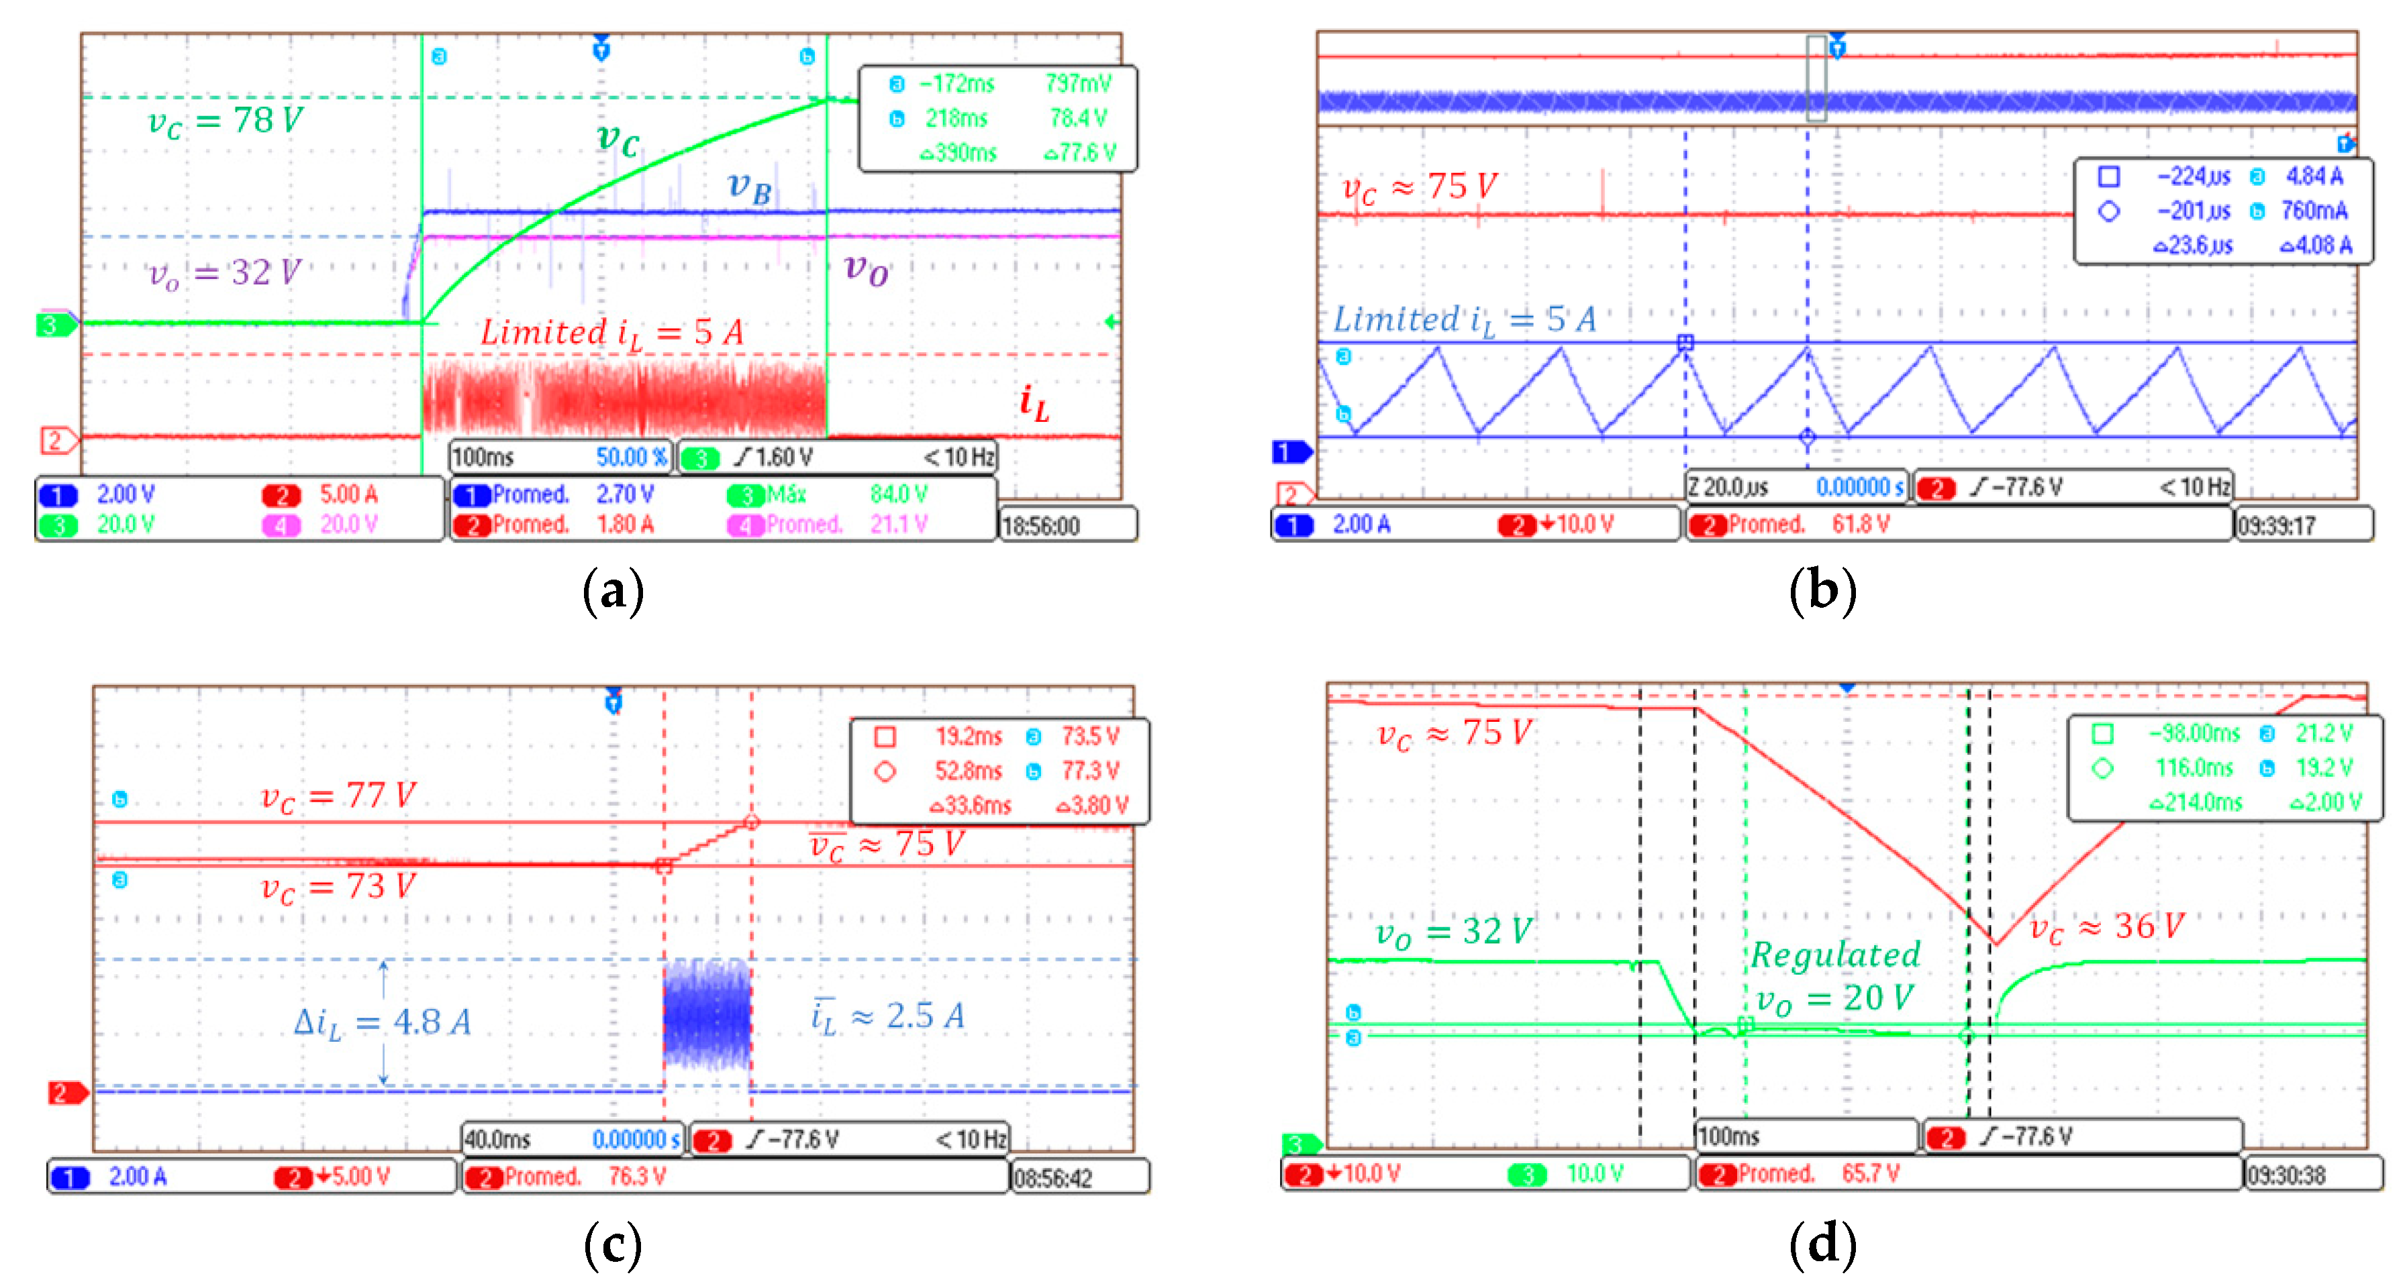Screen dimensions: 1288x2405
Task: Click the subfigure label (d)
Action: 1822,1244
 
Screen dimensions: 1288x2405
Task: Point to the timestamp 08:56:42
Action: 1052,1178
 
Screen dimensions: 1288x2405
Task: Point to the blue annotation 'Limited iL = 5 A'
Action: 1464,320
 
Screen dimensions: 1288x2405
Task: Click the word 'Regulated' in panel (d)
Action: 1834,955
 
